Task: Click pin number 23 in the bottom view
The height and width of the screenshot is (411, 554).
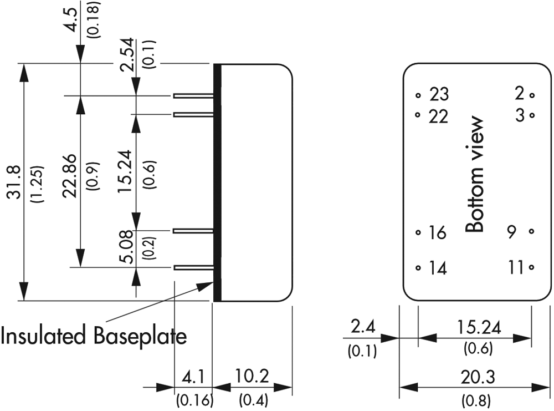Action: pyautogui.click(x=439, y=94)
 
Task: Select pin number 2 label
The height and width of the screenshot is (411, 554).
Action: pyautogui.click(x=519, y=93)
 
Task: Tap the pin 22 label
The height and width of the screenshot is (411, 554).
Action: pyautogui.click(x=439, y=117)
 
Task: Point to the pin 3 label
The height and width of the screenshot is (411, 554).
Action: pyautogui.click(x=519, y=116)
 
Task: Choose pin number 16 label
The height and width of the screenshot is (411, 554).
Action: pyautogui.click(x=437, y=233)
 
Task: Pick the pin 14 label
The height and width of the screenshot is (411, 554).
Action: pyautogui.click(x=438, y=268)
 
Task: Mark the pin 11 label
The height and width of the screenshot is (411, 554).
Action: pyautogui.click(x=516, y=268)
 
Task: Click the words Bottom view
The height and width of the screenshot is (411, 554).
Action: pyautogui.click(x=475, y=174)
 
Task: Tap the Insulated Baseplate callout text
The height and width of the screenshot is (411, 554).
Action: pyautogui.click(x=93, y=336)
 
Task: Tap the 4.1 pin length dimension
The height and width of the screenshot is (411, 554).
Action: pyautogui.click(x=193, y=378)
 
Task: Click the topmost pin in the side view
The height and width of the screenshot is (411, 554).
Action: pyautogui.click(x=193, y=96)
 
